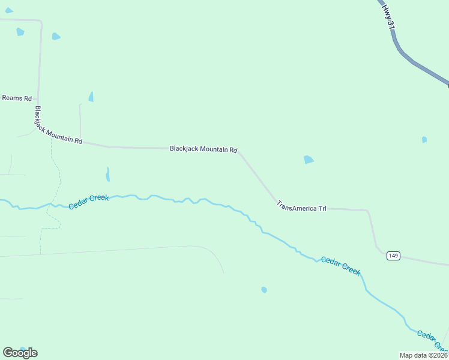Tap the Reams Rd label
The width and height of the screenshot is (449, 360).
click(17, 98)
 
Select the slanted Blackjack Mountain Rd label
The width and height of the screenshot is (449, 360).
click(58, 126)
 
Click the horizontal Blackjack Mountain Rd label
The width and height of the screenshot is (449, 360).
click(203, 149)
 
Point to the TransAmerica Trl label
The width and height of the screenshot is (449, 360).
click(301, 206)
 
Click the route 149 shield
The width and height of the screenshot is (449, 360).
click(393, 256)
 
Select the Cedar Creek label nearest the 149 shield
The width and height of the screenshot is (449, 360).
click(340, 265)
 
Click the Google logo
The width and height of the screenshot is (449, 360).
click(20, 353)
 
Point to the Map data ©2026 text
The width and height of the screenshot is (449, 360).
click(423, 355)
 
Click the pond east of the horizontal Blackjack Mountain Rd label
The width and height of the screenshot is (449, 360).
click(309, 160)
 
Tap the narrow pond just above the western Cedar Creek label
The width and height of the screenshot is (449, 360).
click(108, 174)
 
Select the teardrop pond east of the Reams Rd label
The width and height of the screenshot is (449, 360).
click(91, 97)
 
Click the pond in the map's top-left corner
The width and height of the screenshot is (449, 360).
click(8, 11)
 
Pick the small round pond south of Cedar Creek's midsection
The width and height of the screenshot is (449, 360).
click(264, 290)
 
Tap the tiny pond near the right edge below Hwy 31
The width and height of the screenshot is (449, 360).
click(424, 140)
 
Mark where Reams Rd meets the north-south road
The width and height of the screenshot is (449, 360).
click(38, 98)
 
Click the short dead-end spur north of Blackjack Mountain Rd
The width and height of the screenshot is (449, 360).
click(80, 120)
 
